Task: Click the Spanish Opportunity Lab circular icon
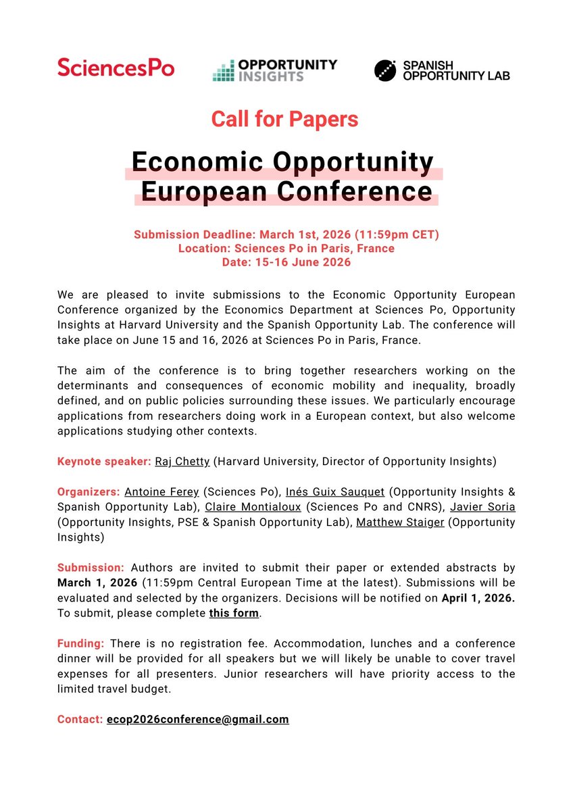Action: tap(385, 70)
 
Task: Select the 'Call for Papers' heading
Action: tap(284, 120)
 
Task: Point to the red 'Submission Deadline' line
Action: tap(286, 235)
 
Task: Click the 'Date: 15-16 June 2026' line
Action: tap(286, 262)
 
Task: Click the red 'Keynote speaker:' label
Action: tap(104, 462)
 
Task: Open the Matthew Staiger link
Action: tap(400, 522)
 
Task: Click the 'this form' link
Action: tap(234, 614)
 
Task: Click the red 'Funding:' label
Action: tap(81, 643)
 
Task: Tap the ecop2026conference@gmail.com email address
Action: tap(197, 719)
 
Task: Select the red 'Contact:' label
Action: tap(80, 719)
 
